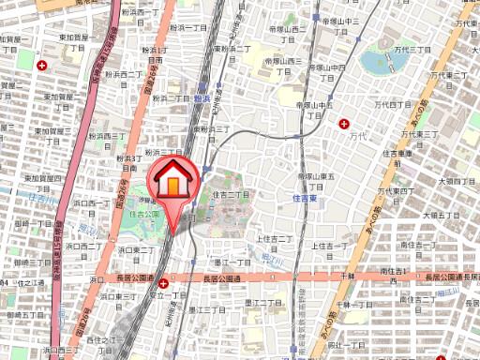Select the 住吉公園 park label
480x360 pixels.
(x=145, y=214)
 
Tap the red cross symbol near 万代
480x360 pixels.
(x=346, y=124)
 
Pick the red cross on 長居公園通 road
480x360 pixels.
(x=164, y=282)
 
